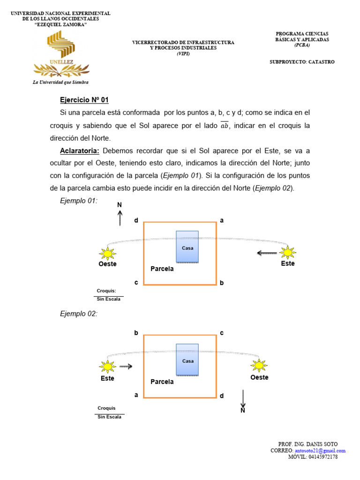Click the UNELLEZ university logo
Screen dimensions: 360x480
(60, 53)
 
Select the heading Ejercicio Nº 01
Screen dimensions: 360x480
(84, 100)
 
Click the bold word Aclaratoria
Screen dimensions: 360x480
(80, 151)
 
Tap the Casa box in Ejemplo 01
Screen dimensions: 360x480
(187, 247)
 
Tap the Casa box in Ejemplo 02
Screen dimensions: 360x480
(187, 360)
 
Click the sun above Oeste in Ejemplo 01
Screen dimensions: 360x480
(108, 254)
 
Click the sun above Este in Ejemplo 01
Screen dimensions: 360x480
(287, 252)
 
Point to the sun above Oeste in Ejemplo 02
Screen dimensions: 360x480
(258, 365)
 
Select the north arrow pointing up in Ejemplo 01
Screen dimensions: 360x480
(120, 217)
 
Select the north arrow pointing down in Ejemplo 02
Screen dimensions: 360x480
(243, 398)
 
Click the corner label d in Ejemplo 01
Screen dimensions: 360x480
(136, 220)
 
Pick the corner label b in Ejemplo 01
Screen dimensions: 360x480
(222, 283)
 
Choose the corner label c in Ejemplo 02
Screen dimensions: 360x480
(222, 333)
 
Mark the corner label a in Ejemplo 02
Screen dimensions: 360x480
(136, 395)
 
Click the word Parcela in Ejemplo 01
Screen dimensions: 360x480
(162, 269)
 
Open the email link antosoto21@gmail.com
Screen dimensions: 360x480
(323, 450)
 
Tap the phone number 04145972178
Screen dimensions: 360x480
(323, 457)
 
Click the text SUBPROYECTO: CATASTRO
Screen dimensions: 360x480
(302, 62)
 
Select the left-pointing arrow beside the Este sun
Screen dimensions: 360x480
(267, 253)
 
